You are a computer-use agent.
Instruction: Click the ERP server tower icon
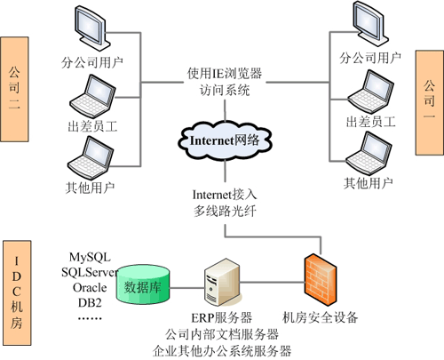[221, 282]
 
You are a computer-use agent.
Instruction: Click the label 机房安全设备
[321, 316]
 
